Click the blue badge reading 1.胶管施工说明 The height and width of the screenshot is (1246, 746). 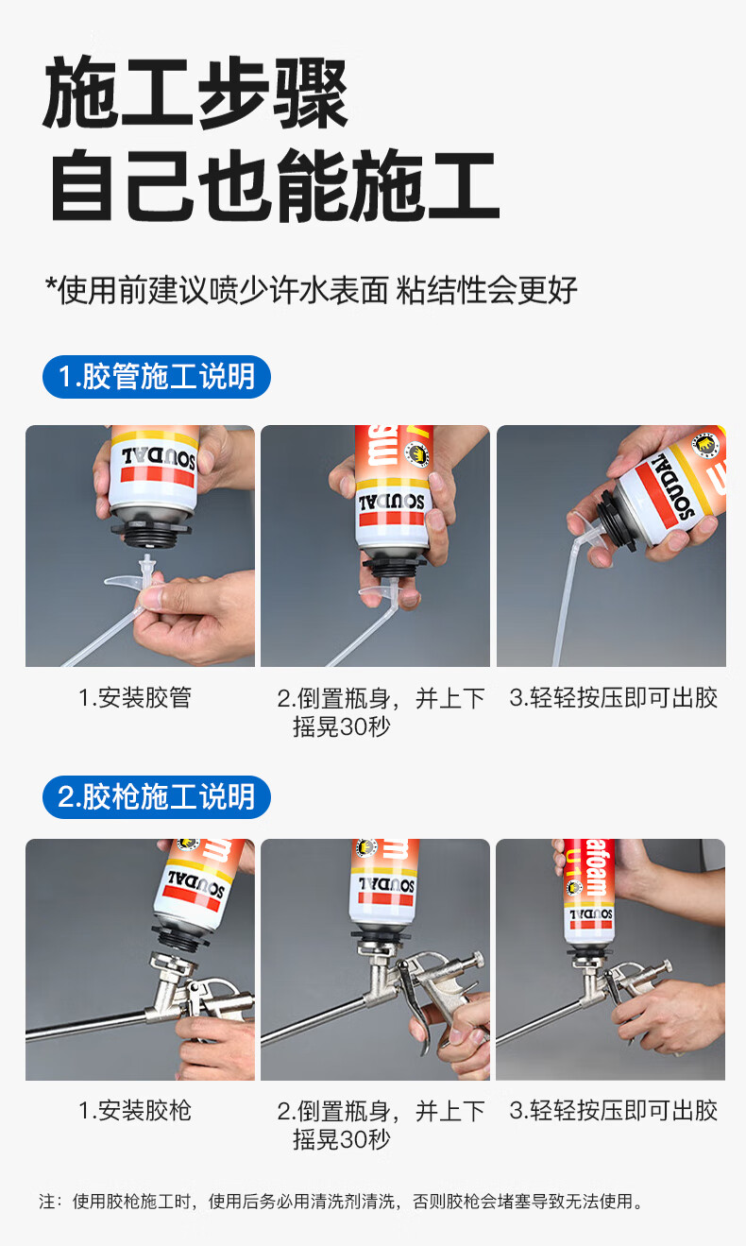click(x=156, y=377)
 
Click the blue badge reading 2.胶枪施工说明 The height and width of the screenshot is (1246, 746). click(x=156, y=796)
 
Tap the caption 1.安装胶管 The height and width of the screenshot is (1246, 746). click(x=135, y=697)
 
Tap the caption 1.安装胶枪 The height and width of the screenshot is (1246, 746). click(x=135, y=1111)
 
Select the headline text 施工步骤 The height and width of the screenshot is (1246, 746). click(x=195, y=93)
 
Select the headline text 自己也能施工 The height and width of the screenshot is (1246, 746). click(x=275, y=185)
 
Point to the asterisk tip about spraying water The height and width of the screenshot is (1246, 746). click(x=312, y=290)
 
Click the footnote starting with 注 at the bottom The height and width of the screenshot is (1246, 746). click(x=341, y=1201)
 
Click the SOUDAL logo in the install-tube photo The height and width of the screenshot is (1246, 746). click(x=159, y=458)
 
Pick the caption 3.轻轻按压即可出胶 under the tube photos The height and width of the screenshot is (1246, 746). click(x=613, y=697)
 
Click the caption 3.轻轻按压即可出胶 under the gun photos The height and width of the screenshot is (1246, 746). click(x=613, y=1111)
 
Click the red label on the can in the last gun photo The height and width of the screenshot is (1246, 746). click(x=590, y=873)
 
